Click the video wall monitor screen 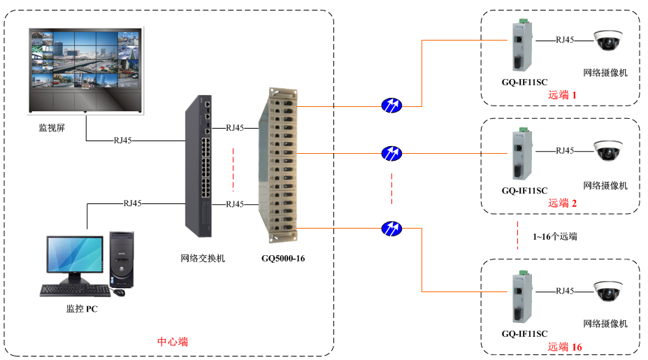86,62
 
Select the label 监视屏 52,129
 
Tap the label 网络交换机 203,259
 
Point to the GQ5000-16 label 283,259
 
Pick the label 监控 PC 82,309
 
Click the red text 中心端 172,342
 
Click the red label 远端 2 563,203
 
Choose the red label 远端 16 565,347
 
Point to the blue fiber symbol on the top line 391,106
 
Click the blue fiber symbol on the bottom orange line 391,228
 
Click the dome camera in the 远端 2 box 607,151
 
